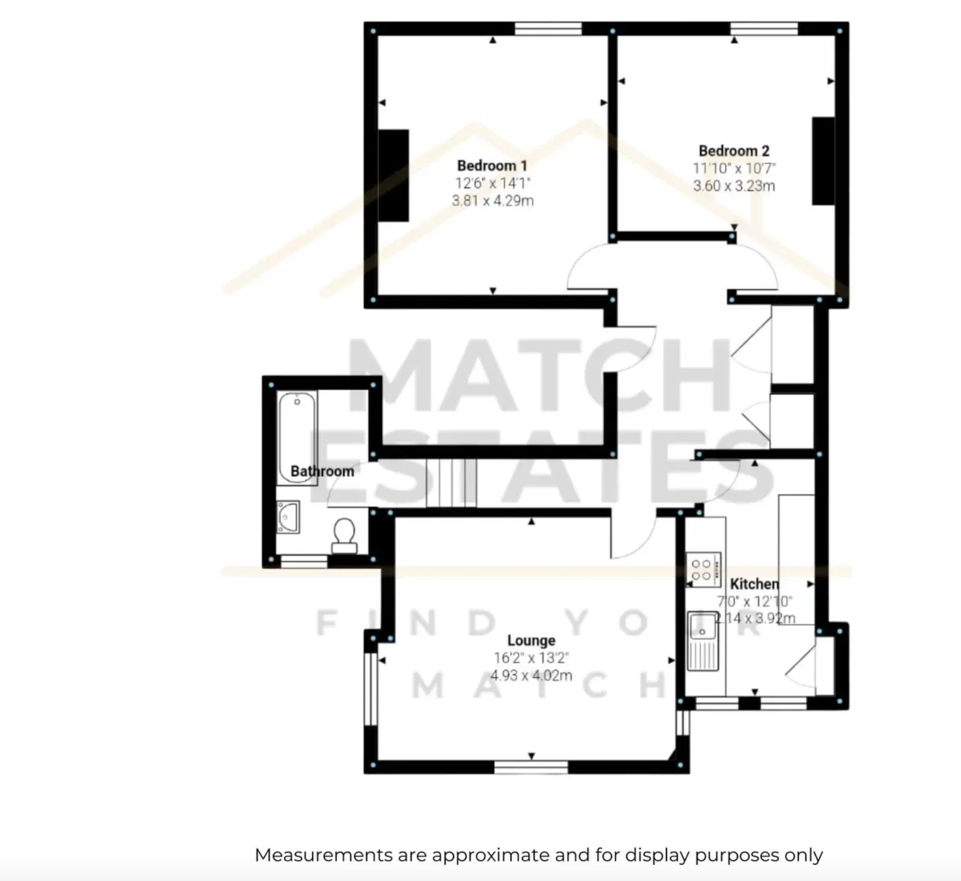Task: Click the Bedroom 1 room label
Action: click(492, 166)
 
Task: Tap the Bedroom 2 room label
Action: click(734, 151)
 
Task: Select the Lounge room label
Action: click(531, 640)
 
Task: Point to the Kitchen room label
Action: click(754, 584)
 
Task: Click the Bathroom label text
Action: click(322, 471)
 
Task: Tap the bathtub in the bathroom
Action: click(297, 438)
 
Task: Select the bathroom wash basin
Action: click(288, 517)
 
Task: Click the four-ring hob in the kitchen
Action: click(703, 569)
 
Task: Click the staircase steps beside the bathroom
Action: click(452, 483)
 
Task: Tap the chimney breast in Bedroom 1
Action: click(393, 175)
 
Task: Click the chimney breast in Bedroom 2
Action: click(823, 161)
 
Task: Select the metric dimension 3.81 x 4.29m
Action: click(493, 201)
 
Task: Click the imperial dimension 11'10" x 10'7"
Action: click(734, 169)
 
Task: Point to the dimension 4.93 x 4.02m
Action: click(531, 676)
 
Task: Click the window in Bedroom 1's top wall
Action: click(548, 28)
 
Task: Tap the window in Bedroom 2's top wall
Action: click(764, 28)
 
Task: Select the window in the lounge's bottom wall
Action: click(531, 767)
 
